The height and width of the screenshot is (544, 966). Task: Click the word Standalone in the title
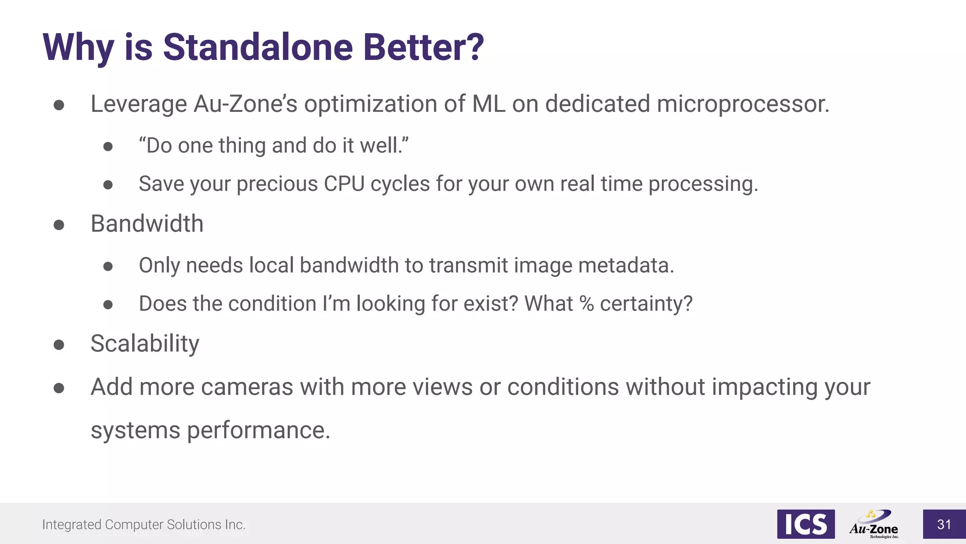tap(258, 47)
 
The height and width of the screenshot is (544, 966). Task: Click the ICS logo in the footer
tap(806, 524)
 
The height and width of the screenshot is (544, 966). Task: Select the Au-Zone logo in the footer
tap(874, 524)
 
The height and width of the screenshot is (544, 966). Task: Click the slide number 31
tap(944, 524)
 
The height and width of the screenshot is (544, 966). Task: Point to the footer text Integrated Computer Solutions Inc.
tap(143, 525)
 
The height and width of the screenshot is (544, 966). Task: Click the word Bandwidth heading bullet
tap(147, 223)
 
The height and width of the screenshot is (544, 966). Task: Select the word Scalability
tap(145, 343)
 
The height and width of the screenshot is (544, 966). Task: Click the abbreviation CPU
tap(344, 184)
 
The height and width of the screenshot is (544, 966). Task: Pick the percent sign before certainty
tap(586, 304)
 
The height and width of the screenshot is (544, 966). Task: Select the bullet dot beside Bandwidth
tap(59, 225)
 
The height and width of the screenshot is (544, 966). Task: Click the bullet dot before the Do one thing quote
tap(108, 147)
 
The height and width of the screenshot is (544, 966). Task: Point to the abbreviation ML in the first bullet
tap(489, 104)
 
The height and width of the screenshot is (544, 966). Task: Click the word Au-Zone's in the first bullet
tap(245, 104)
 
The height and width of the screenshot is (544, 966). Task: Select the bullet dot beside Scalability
tap(59, 345)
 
